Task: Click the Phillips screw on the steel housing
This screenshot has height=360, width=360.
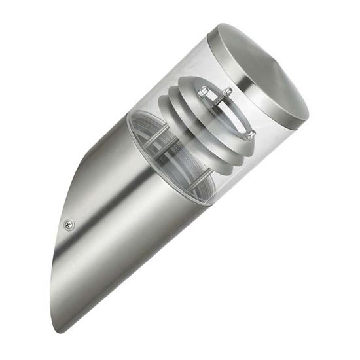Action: coord(69,225)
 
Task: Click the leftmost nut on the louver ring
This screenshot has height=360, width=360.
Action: coord(203,91)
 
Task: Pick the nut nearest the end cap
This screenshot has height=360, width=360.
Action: coord(228,92)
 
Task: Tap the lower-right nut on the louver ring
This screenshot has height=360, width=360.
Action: coord(250,135)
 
